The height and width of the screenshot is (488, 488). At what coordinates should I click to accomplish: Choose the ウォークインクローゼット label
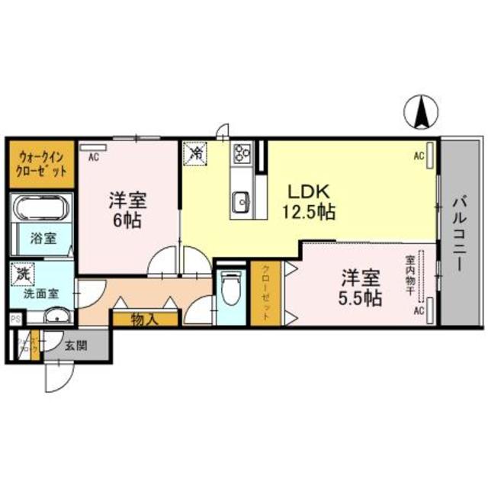[x=41, y=164]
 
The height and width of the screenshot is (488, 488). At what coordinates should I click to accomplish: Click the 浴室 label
[x=43, y=239]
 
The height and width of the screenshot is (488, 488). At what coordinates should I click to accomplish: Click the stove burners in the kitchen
[x=243, y=154]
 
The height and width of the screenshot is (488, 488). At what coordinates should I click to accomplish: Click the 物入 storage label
[x=145, y=319]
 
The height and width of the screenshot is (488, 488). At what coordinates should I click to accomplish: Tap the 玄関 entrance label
[x=75, y=345]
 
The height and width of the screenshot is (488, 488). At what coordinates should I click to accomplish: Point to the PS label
[x=14, y=319]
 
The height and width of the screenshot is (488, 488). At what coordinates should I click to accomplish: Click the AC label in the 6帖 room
[x=94, y=158]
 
